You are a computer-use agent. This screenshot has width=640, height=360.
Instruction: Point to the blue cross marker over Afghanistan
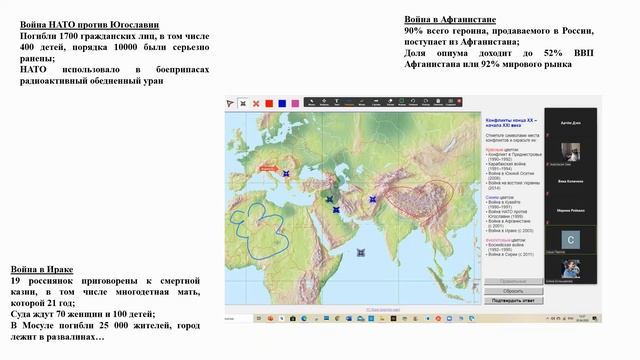(372, 199)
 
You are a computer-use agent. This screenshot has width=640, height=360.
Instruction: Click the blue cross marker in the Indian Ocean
(360, 252)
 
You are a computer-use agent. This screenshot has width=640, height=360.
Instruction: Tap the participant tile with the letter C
(571, 240)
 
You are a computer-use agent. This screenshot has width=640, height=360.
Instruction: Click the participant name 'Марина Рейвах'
(571, 211)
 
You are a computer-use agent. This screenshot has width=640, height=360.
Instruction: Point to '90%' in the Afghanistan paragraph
(416, 32)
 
